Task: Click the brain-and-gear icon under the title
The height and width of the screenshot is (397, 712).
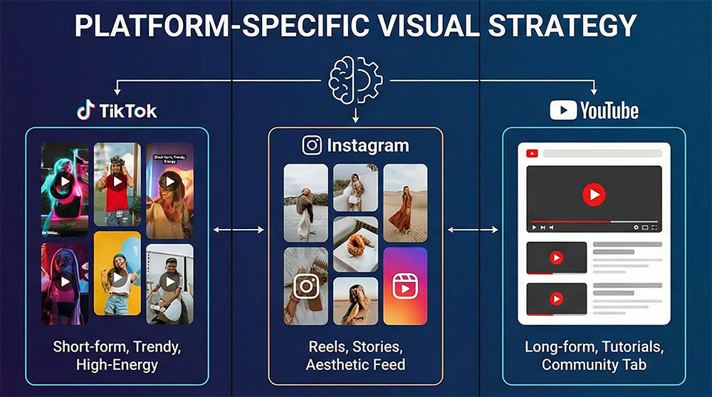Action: (x=355, y=80)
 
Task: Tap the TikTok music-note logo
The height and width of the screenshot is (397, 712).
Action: (x=86, y=110)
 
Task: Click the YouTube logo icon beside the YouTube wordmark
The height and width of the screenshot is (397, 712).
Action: (x=562, y=110)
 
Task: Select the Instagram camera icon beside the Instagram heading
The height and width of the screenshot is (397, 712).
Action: (x=312, y=145)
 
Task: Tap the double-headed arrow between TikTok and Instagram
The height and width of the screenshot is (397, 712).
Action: (x=239, y=229)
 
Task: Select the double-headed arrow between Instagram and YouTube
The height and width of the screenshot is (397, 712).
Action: (x=473, y=229)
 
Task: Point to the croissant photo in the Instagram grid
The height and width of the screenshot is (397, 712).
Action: (x=355, y=243)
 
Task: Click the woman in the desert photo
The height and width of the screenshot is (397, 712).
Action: (x=404, y=202)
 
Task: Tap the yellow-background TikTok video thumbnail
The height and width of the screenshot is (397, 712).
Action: (x=117, y=273)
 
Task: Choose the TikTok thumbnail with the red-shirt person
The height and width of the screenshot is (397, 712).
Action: (x=117, y=184)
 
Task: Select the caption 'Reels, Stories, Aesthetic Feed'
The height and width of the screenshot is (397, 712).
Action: (x=355, y=356)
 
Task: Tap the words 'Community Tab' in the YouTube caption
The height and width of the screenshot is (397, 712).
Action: (x=594, y=364)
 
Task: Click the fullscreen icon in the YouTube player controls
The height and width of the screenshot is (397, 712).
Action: (x=654, y=227)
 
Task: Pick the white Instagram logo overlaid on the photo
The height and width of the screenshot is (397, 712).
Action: (x=306, y=286)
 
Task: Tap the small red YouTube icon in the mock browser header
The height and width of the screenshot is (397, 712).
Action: (x=531, y=153)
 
